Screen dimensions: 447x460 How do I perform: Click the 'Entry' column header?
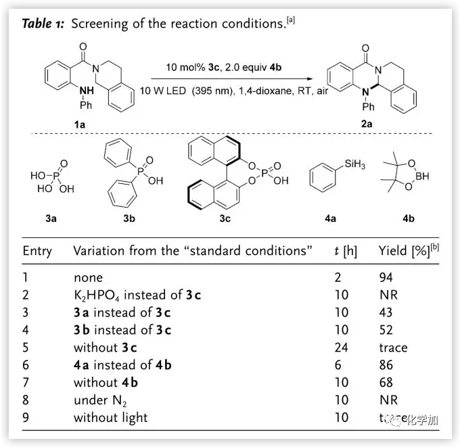click(x=37, y=251)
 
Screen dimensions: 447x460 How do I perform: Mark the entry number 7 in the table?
click(x=26, y=383)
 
